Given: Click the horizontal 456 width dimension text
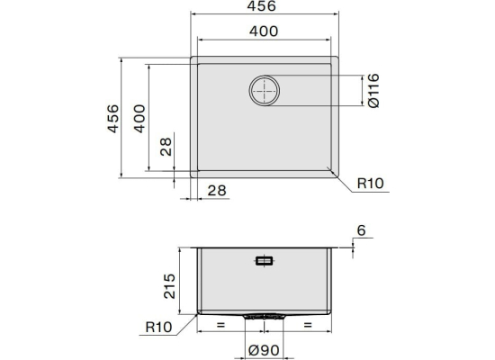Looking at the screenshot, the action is coord(261,6).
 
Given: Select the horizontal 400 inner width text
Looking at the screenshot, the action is coord(264,31).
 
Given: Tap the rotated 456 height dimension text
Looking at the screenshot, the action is coord(113,119).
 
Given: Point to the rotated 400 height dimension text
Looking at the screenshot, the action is coord(139,119).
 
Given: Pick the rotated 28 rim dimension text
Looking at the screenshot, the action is coord(166,147).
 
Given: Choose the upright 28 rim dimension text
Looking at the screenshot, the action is coord(217,191).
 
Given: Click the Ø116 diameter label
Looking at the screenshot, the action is coord(373,91).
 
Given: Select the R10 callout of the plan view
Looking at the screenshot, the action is coord(370,184).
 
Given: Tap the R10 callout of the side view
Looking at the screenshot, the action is coord(158,328).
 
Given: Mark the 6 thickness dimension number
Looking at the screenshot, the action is coord(361,230).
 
